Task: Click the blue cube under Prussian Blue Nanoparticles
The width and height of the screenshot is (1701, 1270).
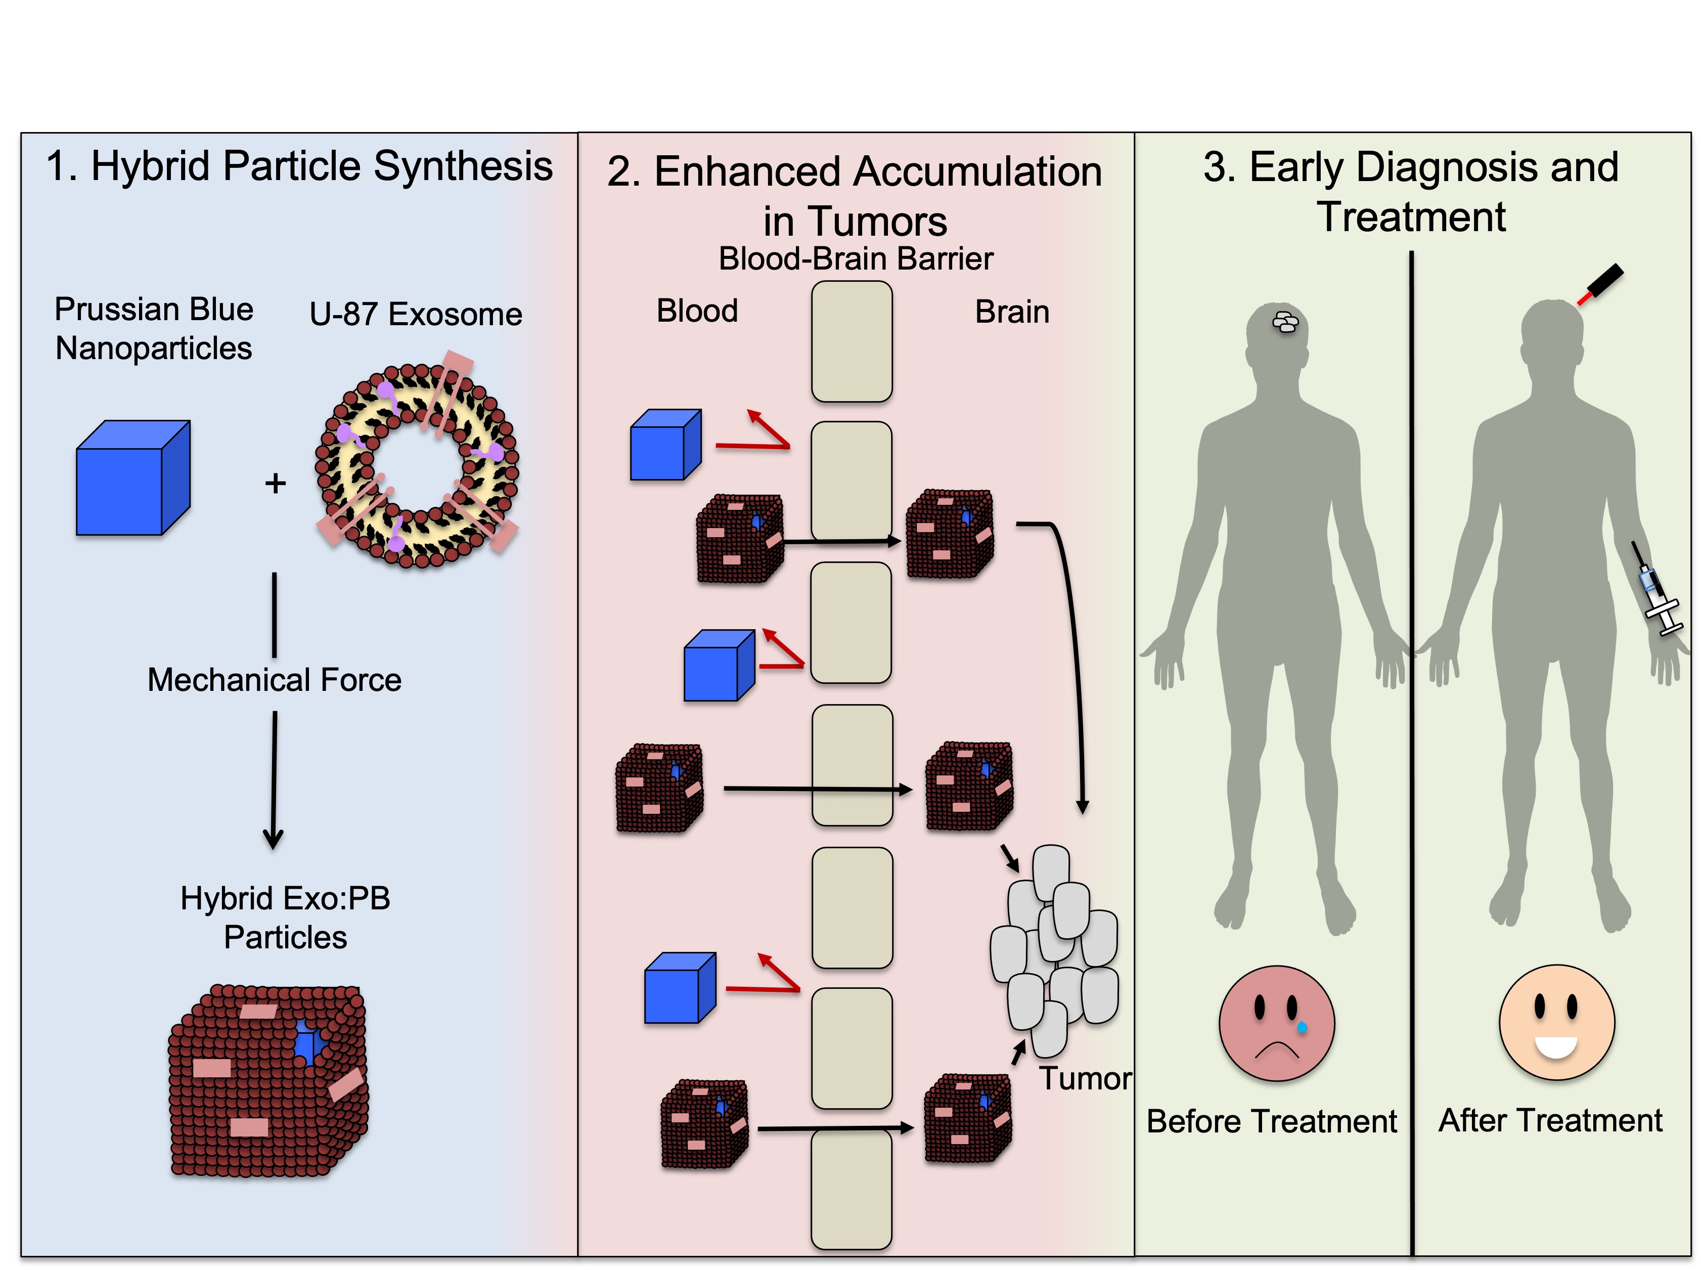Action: (132, 477)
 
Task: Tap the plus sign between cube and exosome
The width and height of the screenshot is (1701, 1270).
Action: (275, 483)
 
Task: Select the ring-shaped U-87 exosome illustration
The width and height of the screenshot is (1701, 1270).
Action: (417, 466)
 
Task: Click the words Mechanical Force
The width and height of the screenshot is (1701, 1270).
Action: (275, 680)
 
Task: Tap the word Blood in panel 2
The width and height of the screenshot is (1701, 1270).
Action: (696, 311)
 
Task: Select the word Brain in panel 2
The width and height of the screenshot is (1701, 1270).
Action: (1011, 312)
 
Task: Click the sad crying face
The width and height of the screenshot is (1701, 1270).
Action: (1276, 1023)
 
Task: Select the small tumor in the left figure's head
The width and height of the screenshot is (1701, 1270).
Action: (1285, 321)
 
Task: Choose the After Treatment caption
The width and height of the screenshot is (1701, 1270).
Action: (1550, 1120)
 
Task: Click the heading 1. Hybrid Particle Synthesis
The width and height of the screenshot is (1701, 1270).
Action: (299, 166)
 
